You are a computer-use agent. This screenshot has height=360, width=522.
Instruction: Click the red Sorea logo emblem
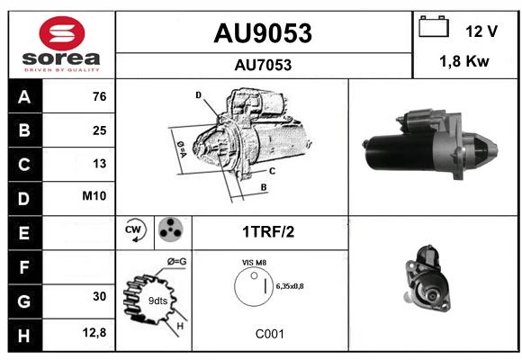point(62,33)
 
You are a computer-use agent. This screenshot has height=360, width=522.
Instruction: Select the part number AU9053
point(263,33)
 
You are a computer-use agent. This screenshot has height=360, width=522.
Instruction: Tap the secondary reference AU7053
point(263,65)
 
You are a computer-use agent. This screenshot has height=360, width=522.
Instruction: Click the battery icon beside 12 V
point(434,26)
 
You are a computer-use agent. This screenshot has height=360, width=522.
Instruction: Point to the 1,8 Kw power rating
point(464,61)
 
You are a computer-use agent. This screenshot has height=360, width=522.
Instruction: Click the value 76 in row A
point(100,96)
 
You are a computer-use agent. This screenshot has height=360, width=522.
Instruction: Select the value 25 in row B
point(100,130)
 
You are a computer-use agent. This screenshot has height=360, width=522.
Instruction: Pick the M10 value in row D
point(94,196)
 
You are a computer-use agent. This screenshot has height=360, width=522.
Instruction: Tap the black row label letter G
point(24,301)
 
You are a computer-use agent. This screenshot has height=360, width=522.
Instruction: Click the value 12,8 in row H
point(94,332)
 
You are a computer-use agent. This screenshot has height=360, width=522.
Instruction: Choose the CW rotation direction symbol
point(135,229)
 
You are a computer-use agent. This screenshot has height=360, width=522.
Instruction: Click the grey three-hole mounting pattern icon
point(171,229)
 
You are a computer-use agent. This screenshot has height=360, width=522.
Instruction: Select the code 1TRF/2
point(268,232)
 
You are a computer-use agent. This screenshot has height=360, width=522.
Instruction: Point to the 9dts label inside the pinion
point(157,301)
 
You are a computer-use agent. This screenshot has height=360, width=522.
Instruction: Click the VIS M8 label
point(254,263)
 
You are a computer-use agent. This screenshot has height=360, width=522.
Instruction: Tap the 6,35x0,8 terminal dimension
point(290,286)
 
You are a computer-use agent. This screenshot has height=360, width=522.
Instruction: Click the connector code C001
point(270,334)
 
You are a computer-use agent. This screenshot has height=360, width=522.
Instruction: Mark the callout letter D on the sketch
point(198,95)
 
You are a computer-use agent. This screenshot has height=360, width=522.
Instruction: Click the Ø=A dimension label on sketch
point(182,150)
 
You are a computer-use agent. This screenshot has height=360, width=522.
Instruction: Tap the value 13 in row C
point(100,164)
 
